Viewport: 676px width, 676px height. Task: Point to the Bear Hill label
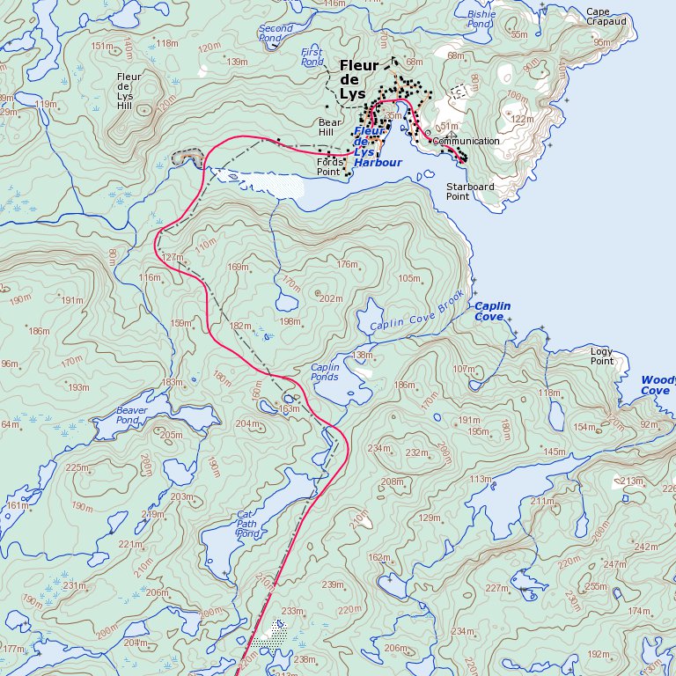(x=330, y=128)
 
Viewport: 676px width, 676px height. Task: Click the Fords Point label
(x=328, y=166)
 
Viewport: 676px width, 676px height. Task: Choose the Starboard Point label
(x=469, y=192)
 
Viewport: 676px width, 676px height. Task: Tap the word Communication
(x=467, y=141)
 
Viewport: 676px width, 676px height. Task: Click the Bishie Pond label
(x=481, y=19)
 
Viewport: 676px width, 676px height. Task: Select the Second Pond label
(x=276, y=33)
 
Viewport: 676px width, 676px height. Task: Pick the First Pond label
(x=312, y=57)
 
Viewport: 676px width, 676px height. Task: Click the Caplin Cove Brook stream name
(x=416, y=312)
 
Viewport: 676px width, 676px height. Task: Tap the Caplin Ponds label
(x=325, y=371)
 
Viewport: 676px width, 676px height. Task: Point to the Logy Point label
(x=602, y=356)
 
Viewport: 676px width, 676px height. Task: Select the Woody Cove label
(x=657, y=385)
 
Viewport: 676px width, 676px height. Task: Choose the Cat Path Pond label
(x=247, y=524)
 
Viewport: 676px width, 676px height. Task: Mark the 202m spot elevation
(x=331, y=299)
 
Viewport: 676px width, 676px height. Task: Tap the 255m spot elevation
(x=596, y=586)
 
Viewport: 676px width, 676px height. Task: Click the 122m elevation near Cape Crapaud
(x=522, y=119)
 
